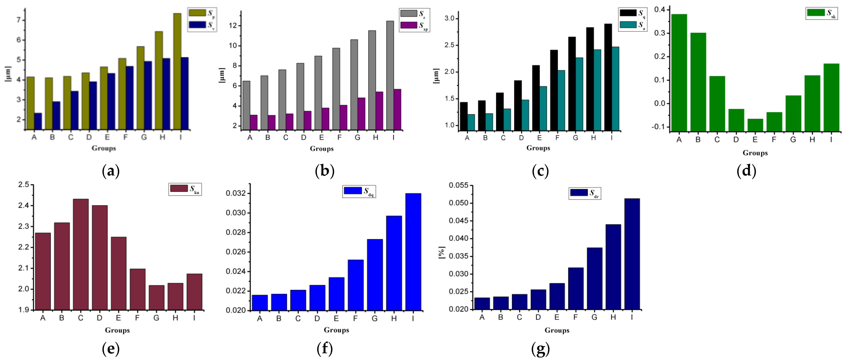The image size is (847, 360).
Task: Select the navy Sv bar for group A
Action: coord(38,121)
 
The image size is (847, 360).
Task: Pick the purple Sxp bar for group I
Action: coord(397,109)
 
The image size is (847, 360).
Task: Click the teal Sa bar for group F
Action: coord(561,101)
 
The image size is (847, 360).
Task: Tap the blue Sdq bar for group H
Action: coord(394,263)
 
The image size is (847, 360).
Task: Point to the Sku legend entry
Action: coord(185,189)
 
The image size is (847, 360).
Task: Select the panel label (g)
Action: coord(540,348)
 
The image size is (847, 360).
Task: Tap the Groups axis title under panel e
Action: coord(117,330)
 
